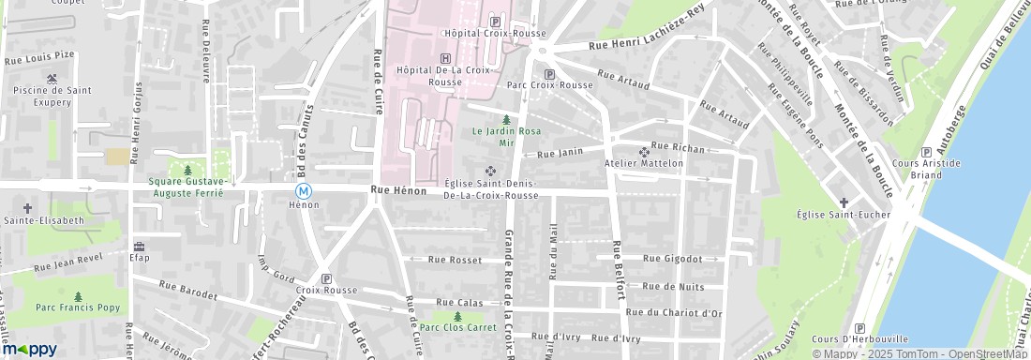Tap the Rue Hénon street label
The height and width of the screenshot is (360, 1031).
(398, 191)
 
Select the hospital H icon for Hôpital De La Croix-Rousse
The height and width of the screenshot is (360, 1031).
(444, 57)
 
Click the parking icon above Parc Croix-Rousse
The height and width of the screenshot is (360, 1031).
(549, 73)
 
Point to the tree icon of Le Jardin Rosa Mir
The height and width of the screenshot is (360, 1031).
(507, 120)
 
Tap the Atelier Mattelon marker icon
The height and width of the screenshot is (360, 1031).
(643, 152)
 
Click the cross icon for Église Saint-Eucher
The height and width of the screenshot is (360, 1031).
(844, 202)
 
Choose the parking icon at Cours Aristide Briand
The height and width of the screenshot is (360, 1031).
(926, 152)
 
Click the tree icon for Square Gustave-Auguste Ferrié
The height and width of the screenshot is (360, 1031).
(187, 170)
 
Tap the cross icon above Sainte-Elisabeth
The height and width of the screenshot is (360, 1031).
(26, 207)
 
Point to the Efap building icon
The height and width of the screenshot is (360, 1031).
(139, 245)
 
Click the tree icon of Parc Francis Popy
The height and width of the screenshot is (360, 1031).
(77, 296)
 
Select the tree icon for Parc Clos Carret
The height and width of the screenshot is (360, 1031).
(457, 316)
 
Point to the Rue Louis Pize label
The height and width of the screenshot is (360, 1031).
(39, 57)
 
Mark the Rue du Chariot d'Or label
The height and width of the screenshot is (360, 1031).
(673, 312)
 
